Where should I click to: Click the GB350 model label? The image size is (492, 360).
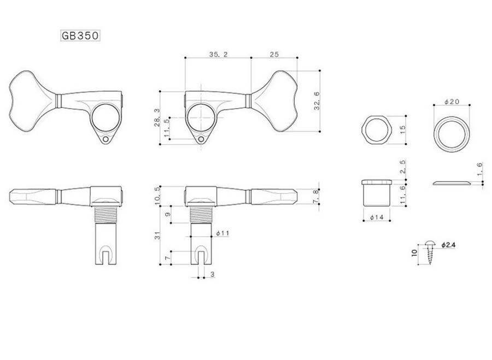point(80,36)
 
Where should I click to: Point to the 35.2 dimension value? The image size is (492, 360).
point(218,54)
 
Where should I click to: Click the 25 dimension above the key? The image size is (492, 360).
point(274,54)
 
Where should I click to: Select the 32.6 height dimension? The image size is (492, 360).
point(317,101)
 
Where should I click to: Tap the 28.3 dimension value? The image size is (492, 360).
point(157,117)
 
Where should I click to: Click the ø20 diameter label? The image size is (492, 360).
point(452,101)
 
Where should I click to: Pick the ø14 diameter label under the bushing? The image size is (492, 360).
point(377,217)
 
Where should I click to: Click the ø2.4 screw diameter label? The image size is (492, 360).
point(448,245)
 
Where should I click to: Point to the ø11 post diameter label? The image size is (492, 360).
point(222,233)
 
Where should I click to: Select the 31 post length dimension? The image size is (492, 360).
point(157,235)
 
